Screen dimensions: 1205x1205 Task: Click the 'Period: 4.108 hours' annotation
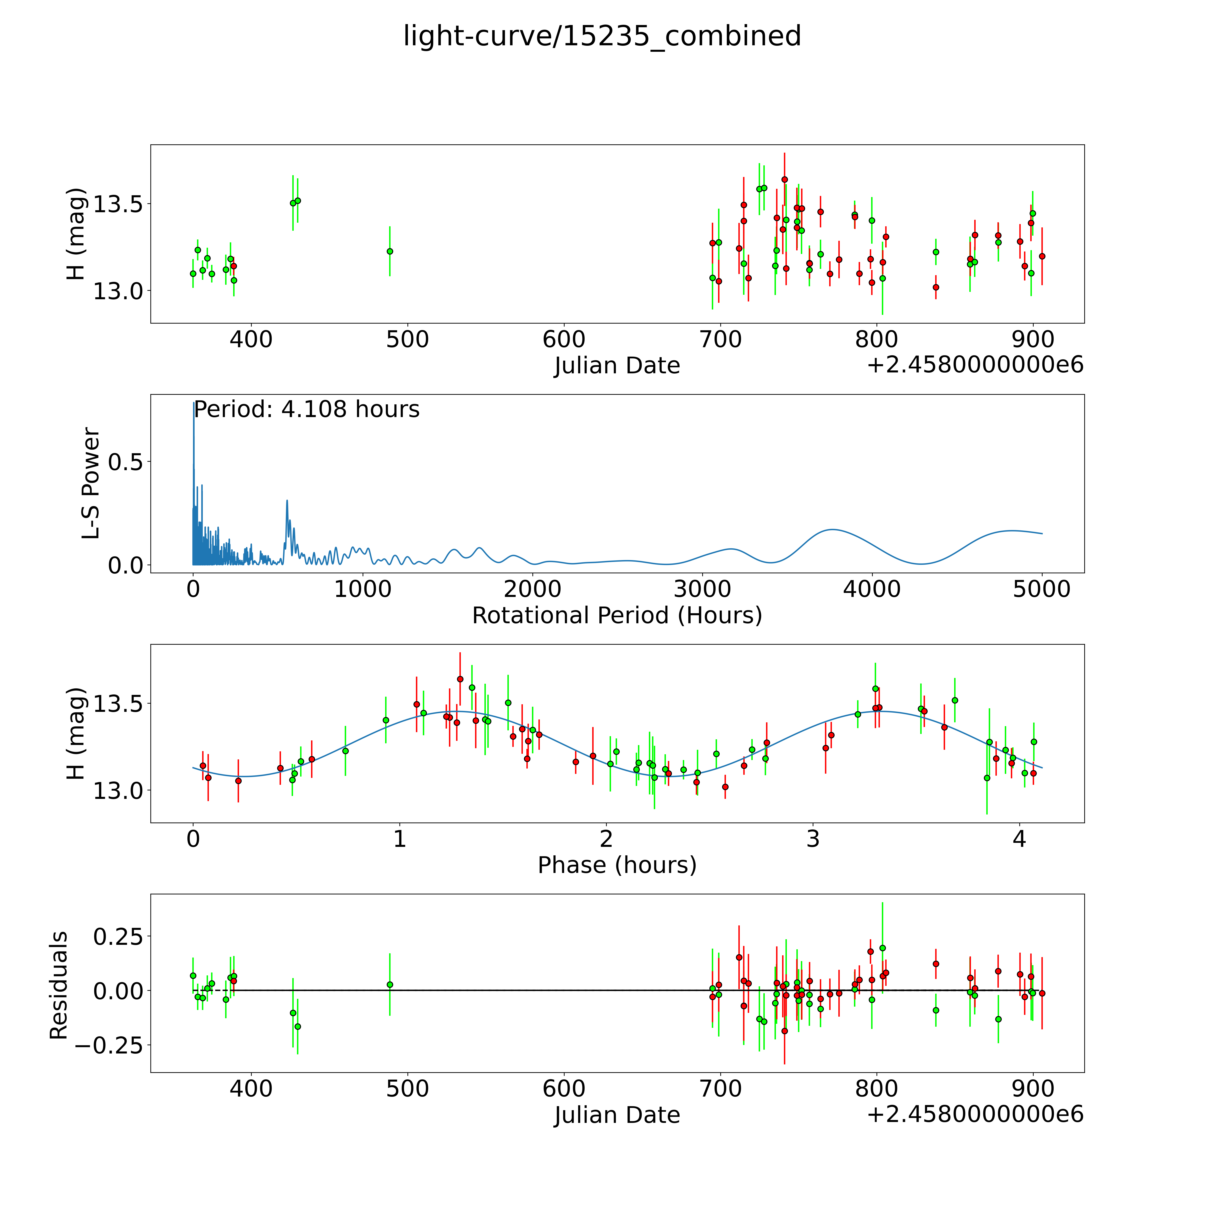(x=306, y=410)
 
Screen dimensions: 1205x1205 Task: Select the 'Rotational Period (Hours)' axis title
(x=617, y=616)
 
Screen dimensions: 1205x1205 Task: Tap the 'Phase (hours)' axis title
(x=617, y=865)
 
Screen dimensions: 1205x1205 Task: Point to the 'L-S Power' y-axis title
(x=91, y=483)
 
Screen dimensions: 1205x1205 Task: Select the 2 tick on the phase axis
(x=606, y=839)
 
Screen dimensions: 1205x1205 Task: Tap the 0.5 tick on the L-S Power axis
(x=125, y=462)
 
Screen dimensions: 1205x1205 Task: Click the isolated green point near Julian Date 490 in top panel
(x=390, y=251)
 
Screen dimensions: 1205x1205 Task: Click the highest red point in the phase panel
(x=460, y=679)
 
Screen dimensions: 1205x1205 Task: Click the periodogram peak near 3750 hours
(x=833, y=530)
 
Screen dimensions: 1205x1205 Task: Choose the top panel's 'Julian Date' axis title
(x=617, y=366)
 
